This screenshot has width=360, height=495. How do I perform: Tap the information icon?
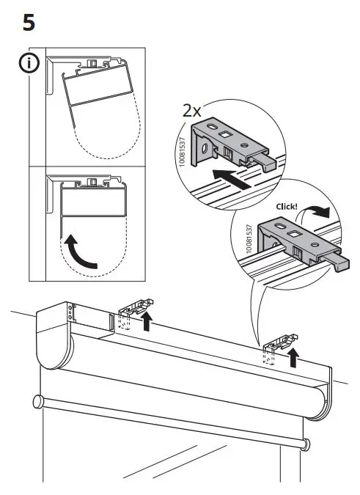[x=27, y=64]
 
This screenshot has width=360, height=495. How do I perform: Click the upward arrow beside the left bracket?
[x=148, y=320]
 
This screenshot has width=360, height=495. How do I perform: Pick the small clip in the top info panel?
[x=93, y=66]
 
